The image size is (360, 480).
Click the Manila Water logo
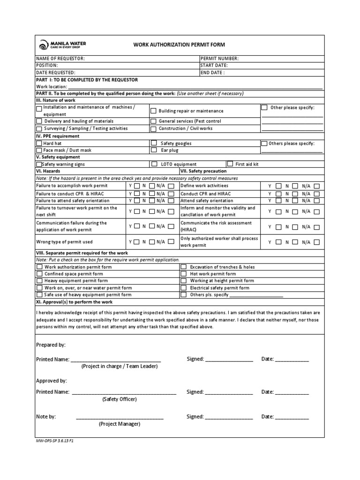[x=63, y=45]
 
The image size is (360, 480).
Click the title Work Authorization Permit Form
[x=180, y=45]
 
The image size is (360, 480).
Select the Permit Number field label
[x=219, y=59]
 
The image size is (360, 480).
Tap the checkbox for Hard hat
[x=39, y=143]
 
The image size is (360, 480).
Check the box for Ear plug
[x=154, y=150]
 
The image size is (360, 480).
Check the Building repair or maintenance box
[x=154, y=111]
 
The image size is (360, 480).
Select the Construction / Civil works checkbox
[x=154, y=128]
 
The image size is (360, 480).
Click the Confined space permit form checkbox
[x=39, y=274]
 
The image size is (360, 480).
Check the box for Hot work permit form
[x=184, y=274]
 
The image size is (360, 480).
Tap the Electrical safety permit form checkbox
[x=184, y=288]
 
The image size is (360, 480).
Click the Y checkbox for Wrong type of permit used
[x=136, y=242]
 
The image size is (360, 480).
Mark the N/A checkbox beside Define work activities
[x=317, y=186]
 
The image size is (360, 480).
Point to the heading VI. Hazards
[x=48, y=171]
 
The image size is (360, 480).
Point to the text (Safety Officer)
[x=120, y=399]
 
